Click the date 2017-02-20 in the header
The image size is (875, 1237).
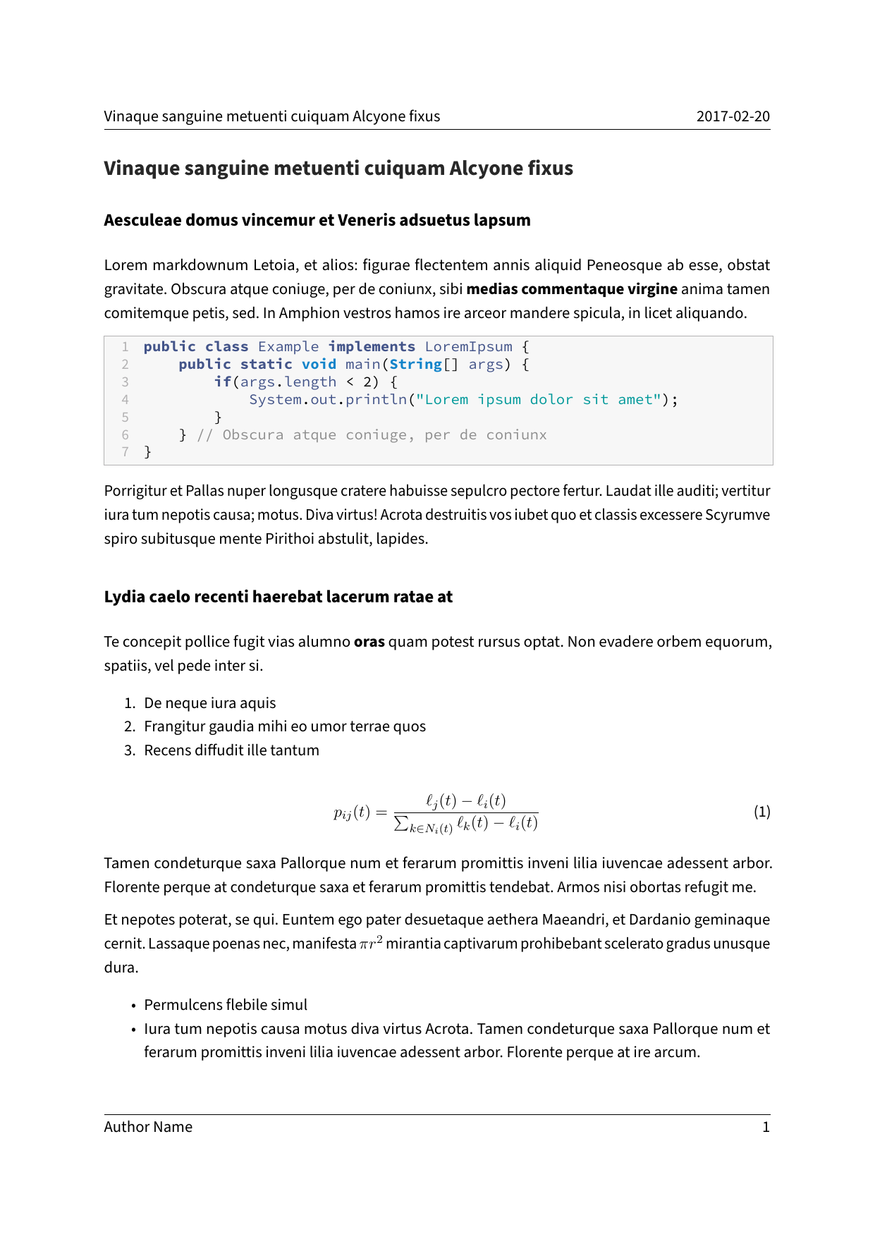(733, 116)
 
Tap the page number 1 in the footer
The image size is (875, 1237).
(766, 1127)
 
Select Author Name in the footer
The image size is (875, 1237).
(148, 1127)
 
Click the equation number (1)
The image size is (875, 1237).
(761, 812)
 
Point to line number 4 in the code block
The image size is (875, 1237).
(125, 399)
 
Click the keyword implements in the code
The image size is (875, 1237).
(372, 346)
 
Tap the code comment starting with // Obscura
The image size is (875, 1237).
(372, 434)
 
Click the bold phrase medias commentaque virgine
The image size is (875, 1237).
(572, 289)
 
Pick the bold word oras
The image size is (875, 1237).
(369, 642)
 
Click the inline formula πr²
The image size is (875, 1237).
(371, 942)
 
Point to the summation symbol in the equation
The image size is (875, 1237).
(400, 823)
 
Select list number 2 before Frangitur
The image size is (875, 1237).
(129, 726)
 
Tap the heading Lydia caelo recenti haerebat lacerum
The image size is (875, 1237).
(278, 597)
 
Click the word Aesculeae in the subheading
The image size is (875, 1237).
(143, 220)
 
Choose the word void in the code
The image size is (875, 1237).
(319, 364)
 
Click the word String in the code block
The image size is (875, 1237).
(415, 364)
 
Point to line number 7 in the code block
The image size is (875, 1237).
(125, 452)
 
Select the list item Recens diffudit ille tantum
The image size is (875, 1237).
(231, 750)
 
